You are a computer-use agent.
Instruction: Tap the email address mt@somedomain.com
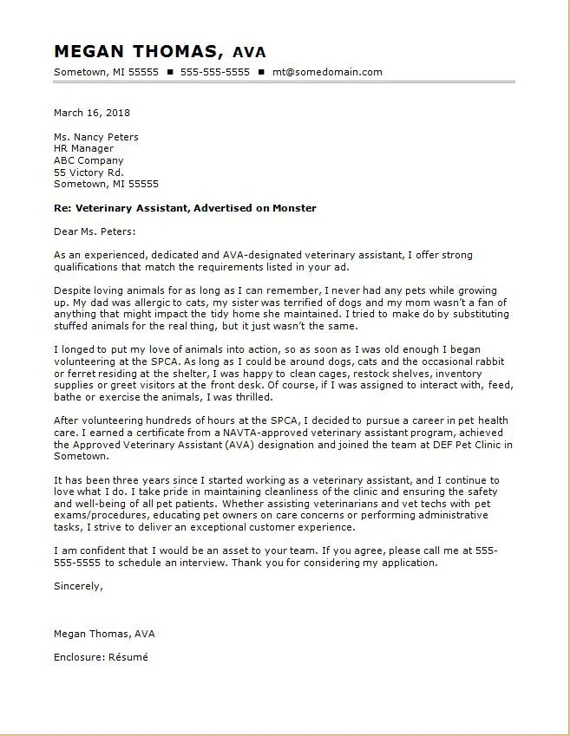pos(327,72)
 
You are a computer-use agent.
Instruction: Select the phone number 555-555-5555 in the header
pos(215,72)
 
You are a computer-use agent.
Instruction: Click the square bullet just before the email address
pos(261,72)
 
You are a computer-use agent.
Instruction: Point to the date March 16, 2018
pos(92,113)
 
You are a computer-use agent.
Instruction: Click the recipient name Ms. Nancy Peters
pos(95,137)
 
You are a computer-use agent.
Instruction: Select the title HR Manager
pos(83,148)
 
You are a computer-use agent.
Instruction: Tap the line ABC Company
pos(88,160)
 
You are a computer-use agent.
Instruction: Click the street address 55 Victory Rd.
pos(88,172)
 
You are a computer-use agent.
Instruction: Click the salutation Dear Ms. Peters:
pos(95,231)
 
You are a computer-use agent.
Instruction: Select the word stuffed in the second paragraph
pos(72,326)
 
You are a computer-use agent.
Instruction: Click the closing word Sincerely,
pos(78,586)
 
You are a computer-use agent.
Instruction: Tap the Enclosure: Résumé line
pos(101,657)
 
